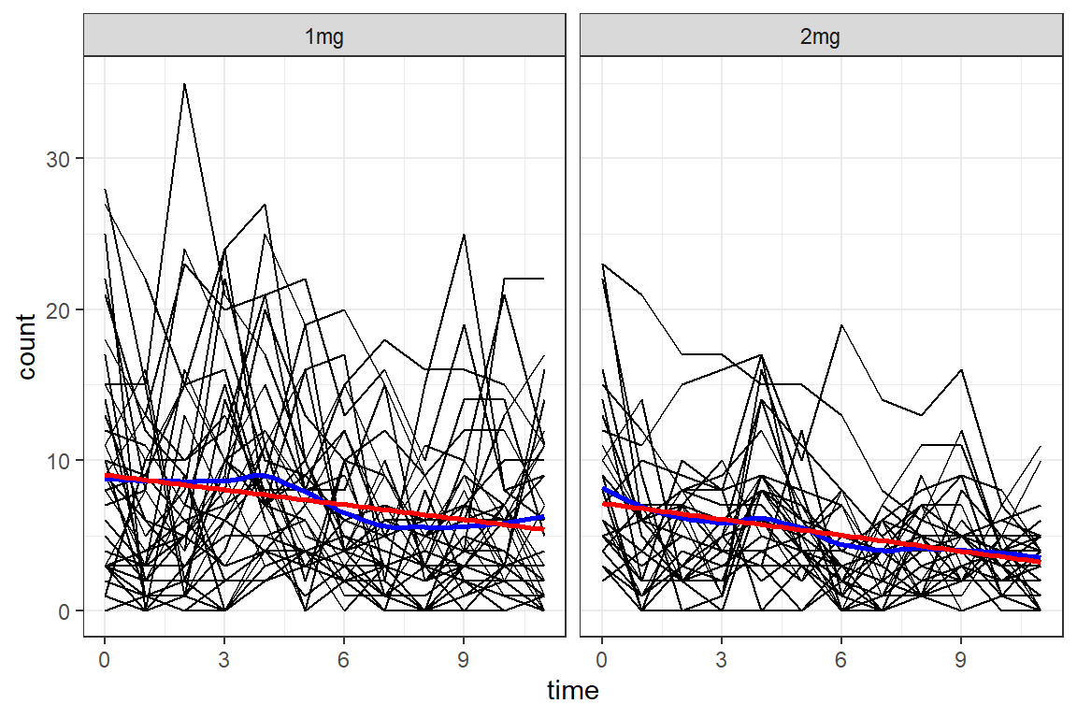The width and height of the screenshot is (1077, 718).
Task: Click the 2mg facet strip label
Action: [822, 38]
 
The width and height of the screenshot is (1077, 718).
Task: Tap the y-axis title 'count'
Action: [26, 346]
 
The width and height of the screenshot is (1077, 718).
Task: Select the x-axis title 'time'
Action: [572, 691]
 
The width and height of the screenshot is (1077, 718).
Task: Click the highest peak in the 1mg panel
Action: [184, 84]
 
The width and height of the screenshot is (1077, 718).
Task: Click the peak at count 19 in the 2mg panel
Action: [841, 324]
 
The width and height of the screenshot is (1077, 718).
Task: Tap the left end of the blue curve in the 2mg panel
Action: [603, 488]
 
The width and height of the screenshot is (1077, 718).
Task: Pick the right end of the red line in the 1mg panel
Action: [543, 529]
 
